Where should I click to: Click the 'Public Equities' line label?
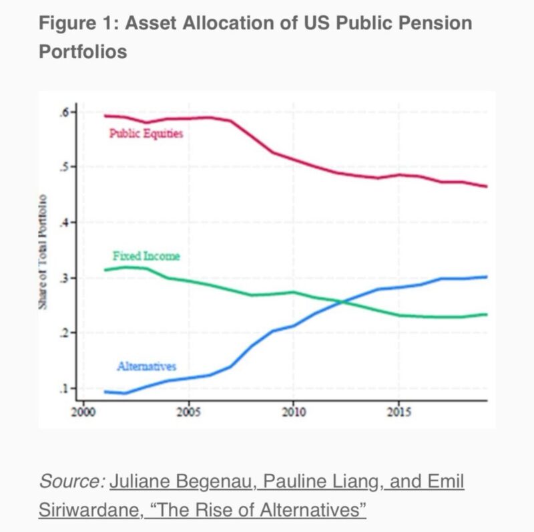(x=146, y=133)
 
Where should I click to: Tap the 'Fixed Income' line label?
(x=146, y=256)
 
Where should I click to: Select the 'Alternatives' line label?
(x=146, y=366)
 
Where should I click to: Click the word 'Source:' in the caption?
(x=71, y=481)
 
